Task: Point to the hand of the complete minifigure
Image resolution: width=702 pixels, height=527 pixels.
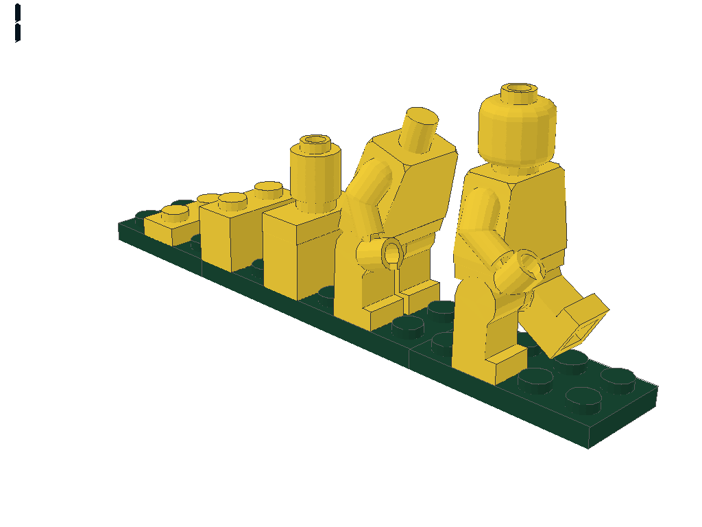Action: click(x=526, y=268)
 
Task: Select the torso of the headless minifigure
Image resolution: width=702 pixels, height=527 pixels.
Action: click(x=418, y=192)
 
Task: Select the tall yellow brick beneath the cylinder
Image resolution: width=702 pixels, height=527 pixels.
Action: click(x=298, y=254)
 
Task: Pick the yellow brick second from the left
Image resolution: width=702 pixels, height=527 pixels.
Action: click(x=230, y=233)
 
